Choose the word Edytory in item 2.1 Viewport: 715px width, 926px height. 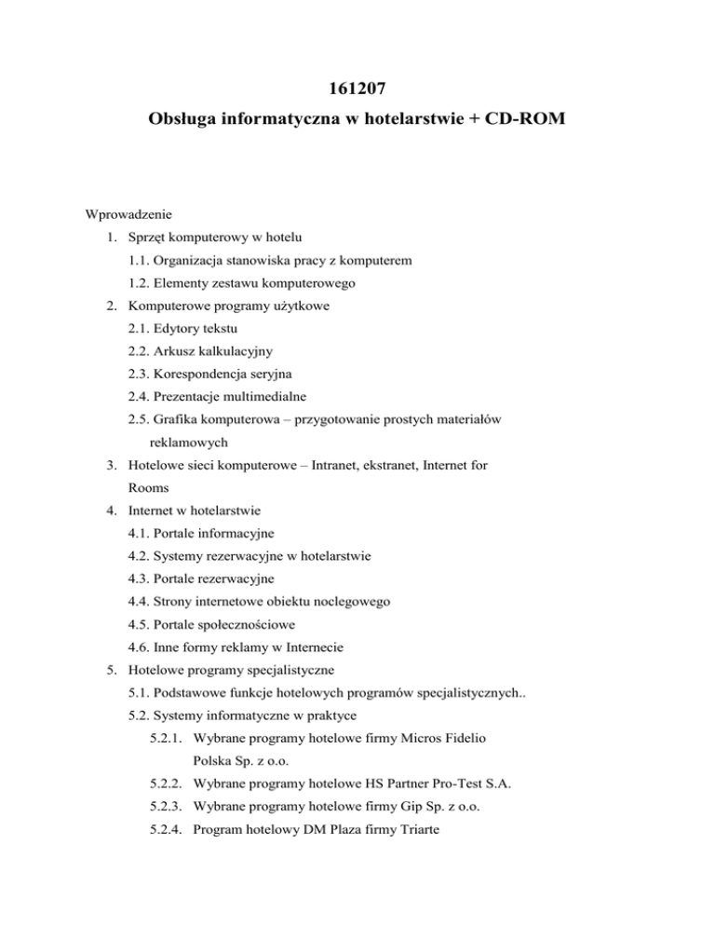pyautogui.click(x=184, y=329)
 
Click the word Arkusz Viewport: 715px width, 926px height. pyautogui.click(x=181, y=352)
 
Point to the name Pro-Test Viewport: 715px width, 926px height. pyautogui.click(x=471, y=785)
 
